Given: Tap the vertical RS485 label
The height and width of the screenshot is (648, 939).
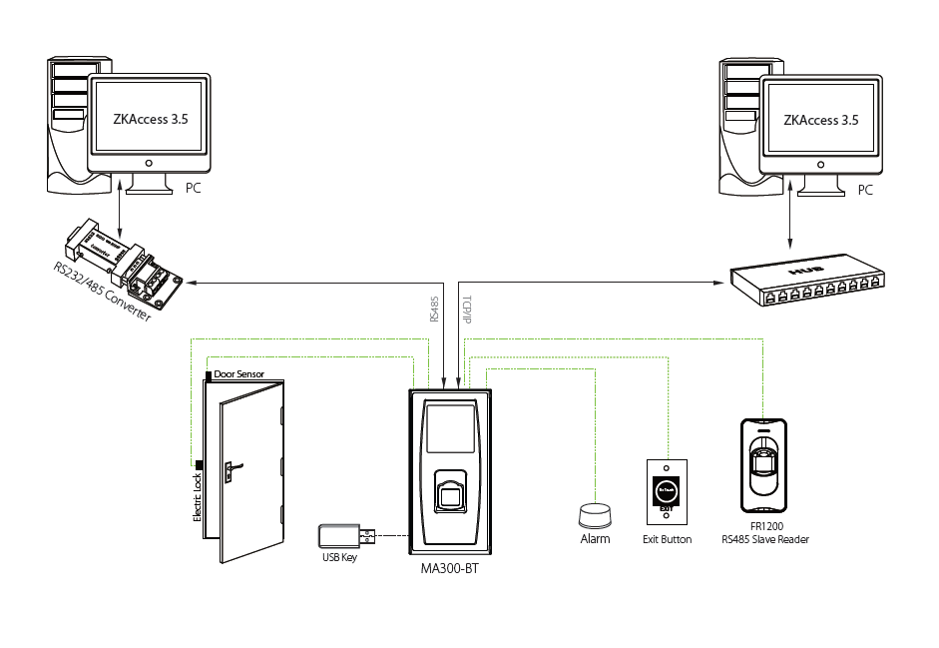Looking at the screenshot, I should (433, 309).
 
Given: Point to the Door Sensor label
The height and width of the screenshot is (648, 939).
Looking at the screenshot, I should (239, 373).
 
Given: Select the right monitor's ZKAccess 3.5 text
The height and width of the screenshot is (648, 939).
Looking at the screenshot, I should (820, 119).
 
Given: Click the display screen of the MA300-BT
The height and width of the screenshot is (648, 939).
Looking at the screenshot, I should (450, 427).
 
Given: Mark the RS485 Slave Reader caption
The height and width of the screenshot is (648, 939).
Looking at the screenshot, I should (765, 540).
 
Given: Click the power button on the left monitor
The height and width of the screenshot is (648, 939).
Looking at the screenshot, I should (149, 162).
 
